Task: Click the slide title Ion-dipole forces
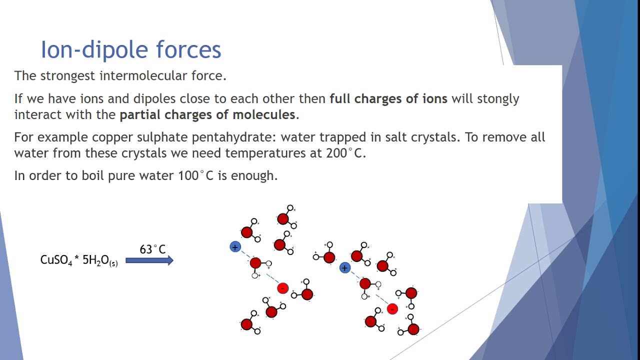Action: coord(130,49)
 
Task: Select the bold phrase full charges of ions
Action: coord(388,99)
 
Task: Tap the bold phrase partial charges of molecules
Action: coord(207,114)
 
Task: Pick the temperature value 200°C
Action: coord(345,153)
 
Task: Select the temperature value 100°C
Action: coord(196,176)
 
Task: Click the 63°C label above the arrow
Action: coord(152,249)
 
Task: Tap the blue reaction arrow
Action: coord(149,260)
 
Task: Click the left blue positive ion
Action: coord(235,246)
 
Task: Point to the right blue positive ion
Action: coord(344,268)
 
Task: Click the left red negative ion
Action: coord(282,288)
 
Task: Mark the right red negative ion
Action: coord(392,309)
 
